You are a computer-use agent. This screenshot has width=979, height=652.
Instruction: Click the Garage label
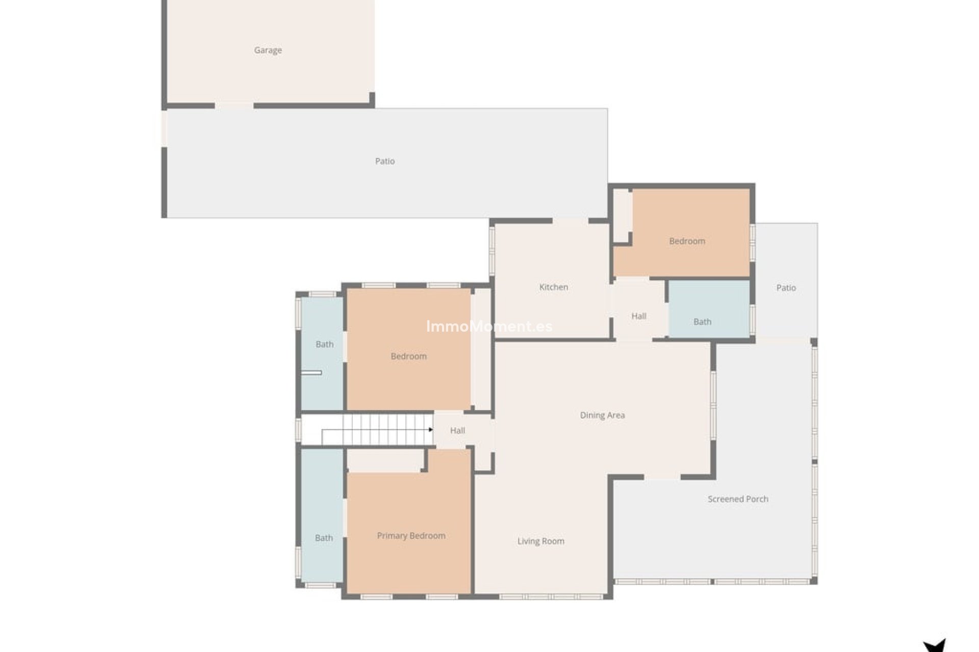click(x=268, y=50)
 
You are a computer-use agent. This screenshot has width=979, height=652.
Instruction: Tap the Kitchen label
click(x=554, y=287)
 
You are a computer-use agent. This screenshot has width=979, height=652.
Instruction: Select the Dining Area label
click(x=602, y=415)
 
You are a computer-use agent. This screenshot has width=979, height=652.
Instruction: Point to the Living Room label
click(x=540, y=541)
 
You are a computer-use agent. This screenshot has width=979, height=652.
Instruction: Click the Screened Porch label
click(x=738, y=499)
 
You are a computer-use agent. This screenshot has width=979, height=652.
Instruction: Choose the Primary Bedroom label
click(x=411, y=536)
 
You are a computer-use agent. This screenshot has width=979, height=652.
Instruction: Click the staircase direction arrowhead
click(x=431, y=430)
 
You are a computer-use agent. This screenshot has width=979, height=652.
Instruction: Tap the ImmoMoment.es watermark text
click(x=489, y=327)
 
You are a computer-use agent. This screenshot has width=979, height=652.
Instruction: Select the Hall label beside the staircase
click(x=457, y=431)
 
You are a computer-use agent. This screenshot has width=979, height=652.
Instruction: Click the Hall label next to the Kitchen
click(x=639, y=316)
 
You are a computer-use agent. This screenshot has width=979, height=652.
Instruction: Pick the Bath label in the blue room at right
click(x=702, y=322)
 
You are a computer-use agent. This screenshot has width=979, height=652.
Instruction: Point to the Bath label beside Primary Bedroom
click(x=324, y=538)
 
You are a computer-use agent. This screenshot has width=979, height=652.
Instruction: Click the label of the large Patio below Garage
click(x=385, y=161)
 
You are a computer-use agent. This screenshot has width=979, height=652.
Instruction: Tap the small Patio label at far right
click(x=786, y=288)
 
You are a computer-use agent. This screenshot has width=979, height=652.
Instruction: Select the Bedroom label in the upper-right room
click(x=687, y=241)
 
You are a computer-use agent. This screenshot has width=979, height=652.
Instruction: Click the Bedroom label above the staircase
click(x=408, y=357)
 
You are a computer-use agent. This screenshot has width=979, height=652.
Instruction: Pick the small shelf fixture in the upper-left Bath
click(x=311, y=373)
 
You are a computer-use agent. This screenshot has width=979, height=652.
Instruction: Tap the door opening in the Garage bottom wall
click(x=234, y=106)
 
